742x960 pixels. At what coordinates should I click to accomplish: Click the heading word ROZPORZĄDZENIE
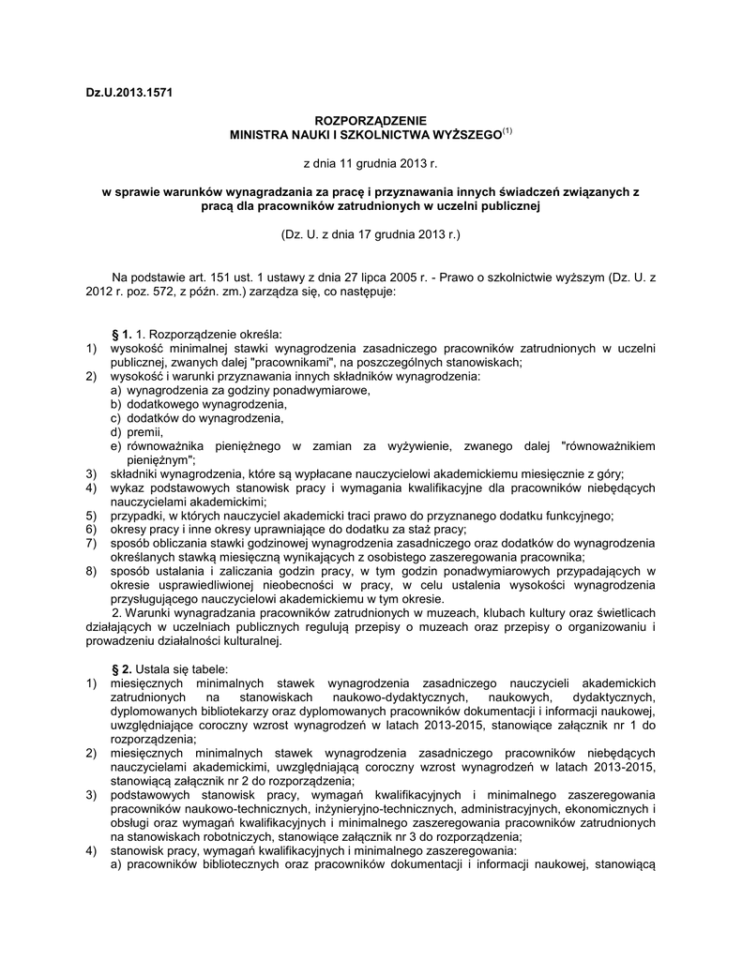tap(370, 121)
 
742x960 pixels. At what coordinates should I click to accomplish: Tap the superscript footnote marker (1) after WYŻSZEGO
tap(507, 131)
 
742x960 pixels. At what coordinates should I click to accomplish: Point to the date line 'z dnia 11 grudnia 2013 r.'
tap(371, 165)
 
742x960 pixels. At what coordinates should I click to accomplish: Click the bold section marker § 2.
tap(121, 669)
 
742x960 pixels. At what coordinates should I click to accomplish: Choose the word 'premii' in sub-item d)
tap(144, 432)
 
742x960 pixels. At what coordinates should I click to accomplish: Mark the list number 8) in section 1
tap(90, 571)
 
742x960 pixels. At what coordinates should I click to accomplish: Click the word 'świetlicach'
tap(625, 613)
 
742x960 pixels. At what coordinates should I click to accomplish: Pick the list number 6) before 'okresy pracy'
tap(90, 529)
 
